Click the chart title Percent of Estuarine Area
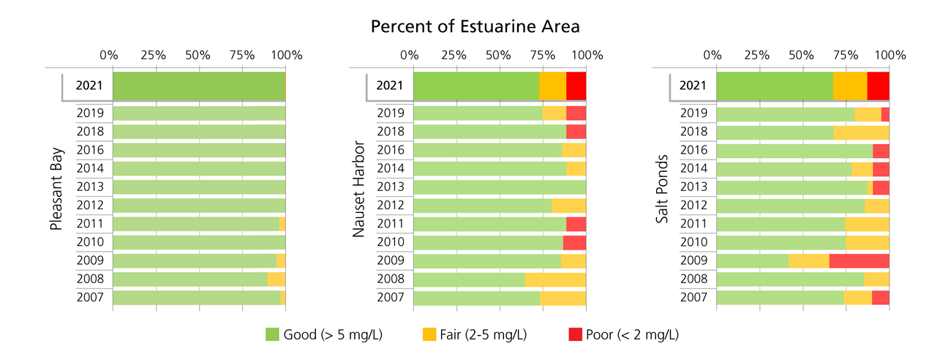click(475, 27)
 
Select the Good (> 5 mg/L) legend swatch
click(273, 334)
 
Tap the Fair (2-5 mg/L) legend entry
click(474, 334)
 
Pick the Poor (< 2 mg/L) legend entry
click(623, 334)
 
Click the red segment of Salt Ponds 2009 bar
click(859, 260)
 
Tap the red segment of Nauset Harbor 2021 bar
click(576, 86)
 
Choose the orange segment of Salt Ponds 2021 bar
click(850, 86)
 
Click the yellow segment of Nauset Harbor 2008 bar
click(555, 279)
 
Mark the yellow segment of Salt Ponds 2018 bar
click(861, 132)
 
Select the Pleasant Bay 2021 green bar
click(199, 86)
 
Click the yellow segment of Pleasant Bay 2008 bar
click(277, 279)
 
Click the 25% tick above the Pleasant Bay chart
click(153, 55)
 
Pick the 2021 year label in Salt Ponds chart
click(692, 86)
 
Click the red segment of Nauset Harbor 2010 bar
click(574, 242)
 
